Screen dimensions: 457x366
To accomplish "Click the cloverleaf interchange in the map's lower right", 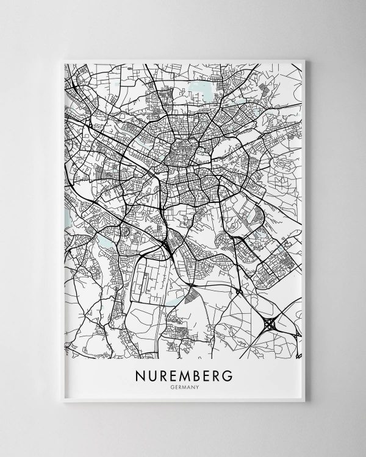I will [270, 324].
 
